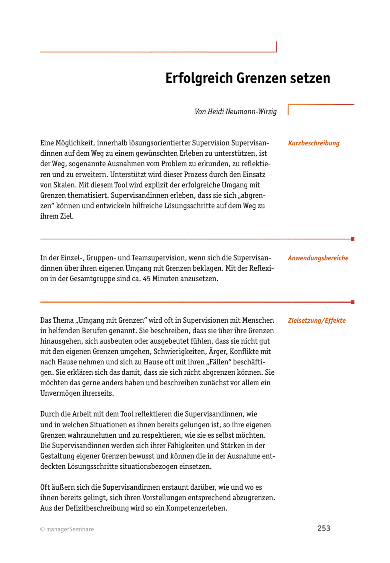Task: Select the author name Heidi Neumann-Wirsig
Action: click(x=242, y=112)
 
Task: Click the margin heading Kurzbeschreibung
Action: click(x=313, y=143)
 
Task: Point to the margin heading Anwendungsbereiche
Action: click(x=318, y=258)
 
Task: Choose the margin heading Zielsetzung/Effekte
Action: click(x=316, y=321)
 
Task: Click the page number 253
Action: click(x=324, y=528)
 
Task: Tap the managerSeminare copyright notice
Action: click(x=67, y=529)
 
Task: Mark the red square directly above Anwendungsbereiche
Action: click(x=352, y=239)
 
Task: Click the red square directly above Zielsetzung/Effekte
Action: click(x=352, y=302)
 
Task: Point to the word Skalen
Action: click(x=65, y=185)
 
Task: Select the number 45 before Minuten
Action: click(x=147, y=279)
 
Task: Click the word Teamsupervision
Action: click(x=159, y=258)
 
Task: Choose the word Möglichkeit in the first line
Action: click(x=75, y=143)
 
